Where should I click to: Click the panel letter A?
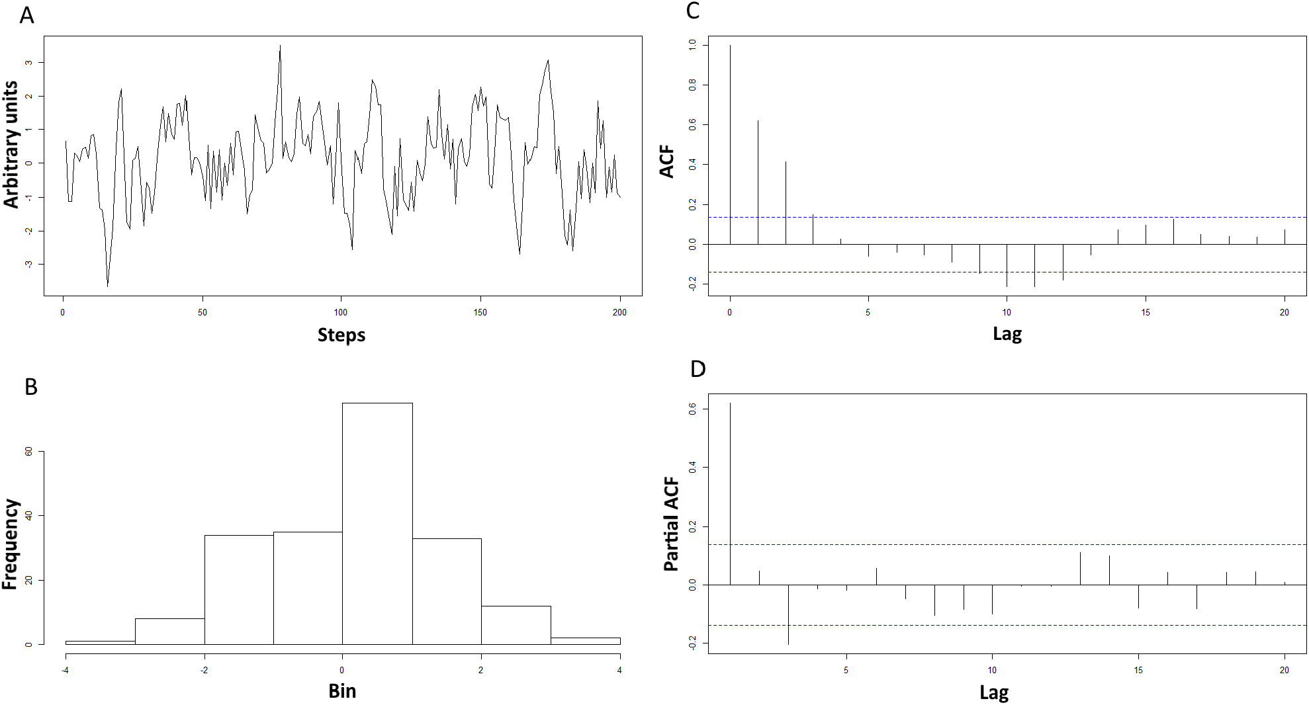pos(26,15)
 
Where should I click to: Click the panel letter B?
pos(30,387)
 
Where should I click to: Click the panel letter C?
pos(693,11)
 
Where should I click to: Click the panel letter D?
pos(698,369)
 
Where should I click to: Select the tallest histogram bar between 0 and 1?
pos(377,522)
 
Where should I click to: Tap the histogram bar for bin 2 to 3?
pos(516,625)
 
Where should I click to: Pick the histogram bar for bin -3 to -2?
pos(169,632)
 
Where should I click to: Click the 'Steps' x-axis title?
pos(341,335)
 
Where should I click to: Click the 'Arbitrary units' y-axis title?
pos(11,144)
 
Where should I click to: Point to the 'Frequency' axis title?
pos(9,544)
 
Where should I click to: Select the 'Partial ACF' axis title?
pos(671,524)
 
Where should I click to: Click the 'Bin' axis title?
pos(342,690)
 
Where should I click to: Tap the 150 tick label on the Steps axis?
pos(480,312)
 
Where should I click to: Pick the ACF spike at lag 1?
pos(758,182)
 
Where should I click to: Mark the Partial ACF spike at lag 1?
pos(730,493)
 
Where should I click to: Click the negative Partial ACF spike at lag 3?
pos(788,614)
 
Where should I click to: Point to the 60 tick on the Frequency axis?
pos(28,451)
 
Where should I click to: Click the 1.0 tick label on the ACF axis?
pos(692,45)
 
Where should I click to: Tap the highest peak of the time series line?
pos(280,47)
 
